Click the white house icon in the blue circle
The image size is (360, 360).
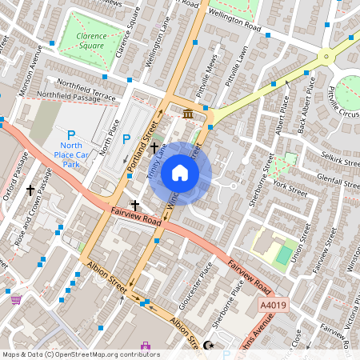pyautogui.click(x=180, y=173)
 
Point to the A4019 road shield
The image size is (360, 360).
pyautogui.click(x=272, y=305)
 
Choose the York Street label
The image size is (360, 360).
pyautogui.click(x=290, y=190)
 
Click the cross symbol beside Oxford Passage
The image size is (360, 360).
pyautogui.click(x=31, y=190)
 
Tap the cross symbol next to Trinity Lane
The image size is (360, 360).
pyautogui.click(x=154, y=148)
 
